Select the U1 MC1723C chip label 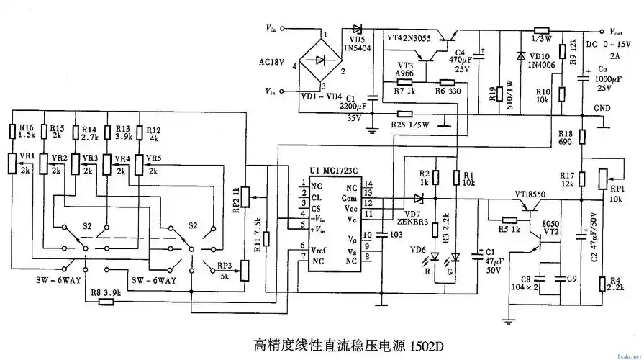333,171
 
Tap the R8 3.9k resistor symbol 106,302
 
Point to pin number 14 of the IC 368,185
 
